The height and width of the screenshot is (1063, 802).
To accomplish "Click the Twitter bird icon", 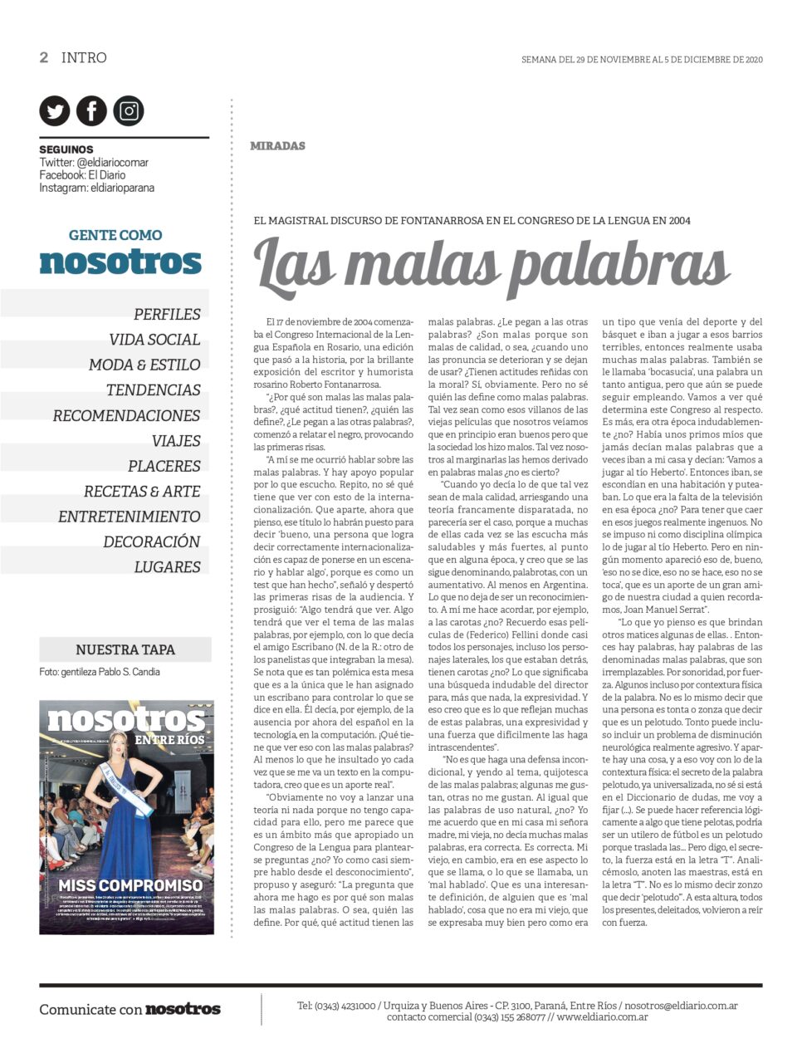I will (55, 111).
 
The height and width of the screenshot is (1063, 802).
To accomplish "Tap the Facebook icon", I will (91, 111).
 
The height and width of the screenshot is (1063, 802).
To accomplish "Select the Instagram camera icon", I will (129, 111).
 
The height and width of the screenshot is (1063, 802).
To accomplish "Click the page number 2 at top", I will (44, 57).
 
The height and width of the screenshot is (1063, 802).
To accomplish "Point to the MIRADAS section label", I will (277, 146).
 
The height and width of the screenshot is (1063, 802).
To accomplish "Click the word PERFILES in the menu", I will (167, 314).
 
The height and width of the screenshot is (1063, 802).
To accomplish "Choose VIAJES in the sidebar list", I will (176, 441).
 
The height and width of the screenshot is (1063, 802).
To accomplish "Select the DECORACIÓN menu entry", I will (152, 541).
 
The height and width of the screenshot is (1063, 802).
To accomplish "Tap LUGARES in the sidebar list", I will (167, 567).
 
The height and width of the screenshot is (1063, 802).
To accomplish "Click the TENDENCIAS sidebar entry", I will (153, 390).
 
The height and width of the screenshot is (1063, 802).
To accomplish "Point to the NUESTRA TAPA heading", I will (125, 649).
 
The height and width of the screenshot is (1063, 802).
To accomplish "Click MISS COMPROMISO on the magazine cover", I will (130, 885).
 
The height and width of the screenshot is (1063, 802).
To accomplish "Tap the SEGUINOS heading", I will (66, 149).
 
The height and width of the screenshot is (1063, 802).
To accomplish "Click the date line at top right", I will (642, 60).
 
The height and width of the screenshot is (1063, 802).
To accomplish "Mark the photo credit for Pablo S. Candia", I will (100, 672).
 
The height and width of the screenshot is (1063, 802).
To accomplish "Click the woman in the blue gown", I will (133, 797).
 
